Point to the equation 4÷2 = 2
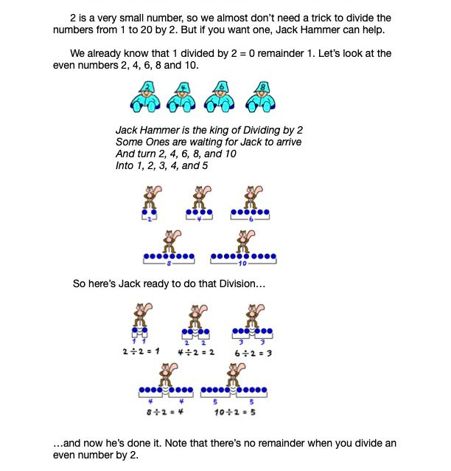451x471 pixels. point(196,352)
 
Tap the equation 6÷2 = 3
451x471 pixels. point(253,353)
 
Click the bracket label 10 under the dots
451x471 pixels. point(242,264)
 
